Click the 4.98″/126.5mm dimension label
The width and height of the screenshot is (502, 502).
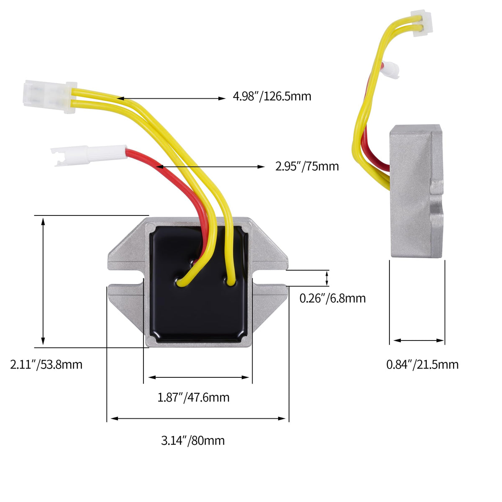tap(272, 96)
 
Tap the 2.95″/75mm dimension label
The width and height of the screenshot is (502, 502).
tap(307, 166)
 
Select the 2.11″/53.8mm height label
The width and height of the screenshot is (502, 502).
tap(46, 364)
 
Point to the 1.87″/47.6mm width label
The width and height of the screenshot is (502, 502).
tap(193, 397)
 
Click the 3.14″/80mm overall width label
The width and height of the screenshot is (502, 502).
tap(193, 441)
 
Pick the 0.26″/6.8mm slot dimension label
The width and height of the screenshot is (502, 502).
tap(333, 298)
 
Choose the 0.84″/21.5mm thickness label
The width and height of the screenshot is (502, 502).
tap(422, 364)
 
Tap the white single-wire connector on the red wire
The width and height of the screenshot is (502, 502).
tap(89, 155)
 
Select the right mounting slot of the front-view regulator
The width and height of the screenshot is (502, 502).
tap(270, 278)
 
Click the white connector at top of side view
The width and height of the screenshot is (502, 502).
tap(421, 23)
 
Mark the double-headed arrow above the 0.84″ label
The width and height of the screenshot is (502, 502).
tap(419, 341)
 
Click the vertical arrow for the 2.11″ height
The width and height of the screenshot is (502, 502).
tap(43, 282)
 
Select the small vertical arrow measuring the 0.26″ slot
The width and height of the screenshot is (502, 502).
tap(327, 278)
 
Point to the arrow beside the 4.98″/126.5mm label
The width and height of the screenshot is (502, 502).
tap(171, 98)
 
